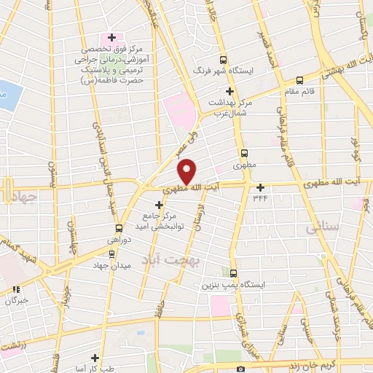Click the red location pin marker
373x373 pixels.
tap(187, 172)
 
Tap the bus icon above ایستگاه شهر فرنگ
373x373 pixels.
tap(223, 60)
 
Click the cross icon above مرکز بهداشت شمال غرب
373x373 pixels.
tap(229, 91)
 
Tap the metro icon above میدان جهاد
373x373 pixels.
tap(111, 254)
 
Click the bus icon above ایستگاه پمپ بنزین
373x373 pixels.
tap(233, 274)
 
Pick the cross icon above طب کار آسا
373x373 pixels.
tap(95, 358)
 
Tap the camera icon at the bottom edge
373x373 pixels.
tap(240, 369)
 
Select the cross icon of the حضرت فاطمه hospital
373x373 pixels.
tap(111, 36)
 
